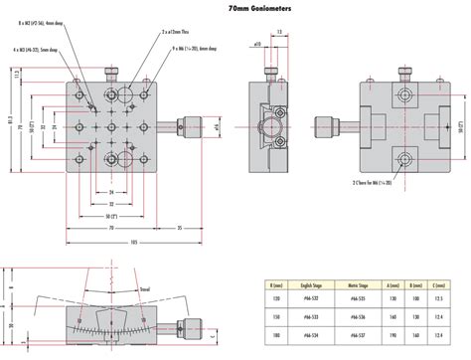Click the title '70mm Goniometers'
[x=236, y=8]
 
